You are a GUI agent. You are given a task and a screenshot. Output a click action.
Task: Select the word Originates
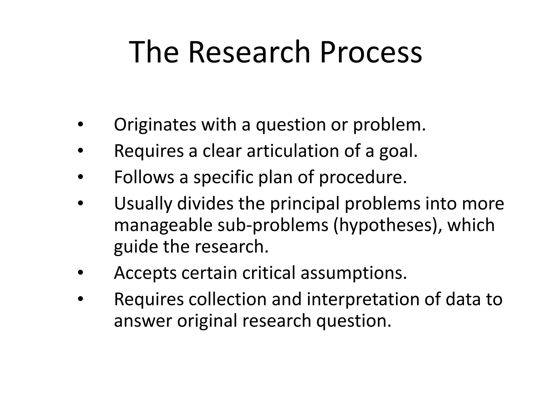[155, 125]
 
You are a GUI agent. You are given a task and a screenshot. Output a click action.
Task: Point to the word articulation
[293, 151]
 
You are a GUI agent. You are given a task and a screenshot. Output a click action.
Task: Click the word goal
[398, 151]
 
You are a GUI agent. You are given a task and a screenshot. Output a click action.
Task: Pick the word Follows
[144, 177]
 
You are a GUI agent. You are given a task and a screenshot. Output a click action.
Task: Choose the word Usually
[143, 204]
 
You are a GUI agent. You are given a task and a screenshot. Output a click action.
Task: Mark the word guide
[136, 247]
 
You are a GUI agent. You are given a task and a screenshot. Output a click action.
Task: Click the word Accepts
[145, 273]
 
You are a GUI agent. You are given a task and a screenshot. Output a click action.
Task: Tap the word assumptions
[353, 273]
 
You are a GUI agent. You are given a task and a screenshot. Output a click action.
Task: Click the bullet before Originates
[80, 125]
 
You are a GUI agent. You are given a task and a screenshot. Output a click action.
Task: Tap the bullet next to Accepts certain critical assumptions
[80, 273]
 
